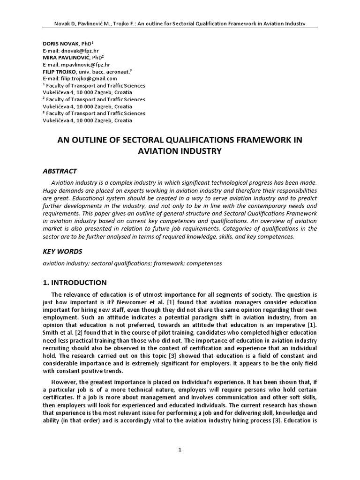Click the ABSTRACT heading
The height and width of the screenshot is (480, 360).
[x=60, y=171]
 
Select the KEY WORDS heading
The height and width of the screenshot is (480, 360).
[x=62, y=251]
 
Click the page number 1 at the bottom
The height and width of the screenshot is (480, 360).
[x=180, y=450]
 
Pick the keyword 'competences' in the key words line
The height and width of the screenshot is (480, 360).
[x=205, y=263]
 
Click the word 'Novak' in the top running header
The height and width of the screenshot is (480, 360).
[x=63, y=23]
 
